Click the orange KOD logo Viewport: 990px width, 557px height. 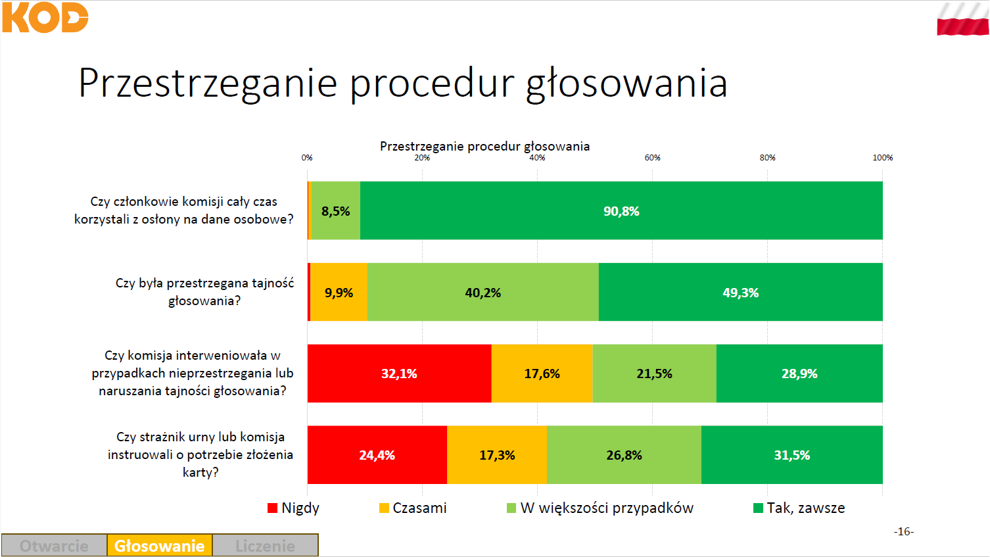coord(45,17)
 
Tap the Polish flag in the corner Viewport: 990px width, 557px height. coord(962,19)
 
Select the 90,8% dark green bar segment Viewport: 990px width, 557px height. coord(621,210)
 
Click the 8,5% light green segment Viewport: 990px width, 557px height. coord(336,210)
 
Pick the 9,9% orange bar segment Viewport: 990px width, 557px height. coord(339,292)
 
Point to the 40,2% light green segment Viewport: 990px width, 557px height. coord(483,292)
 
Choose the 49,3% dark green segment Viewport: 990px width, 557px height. coord(741,292)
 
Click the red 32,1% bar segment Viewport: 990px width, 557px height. coord(400,374)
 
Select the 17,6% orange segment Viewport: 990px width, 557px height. coord(542,374)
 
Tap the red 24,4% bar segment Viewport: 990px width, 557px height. coord(377,455)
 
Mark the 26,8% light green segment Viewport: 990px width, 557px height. coord(624,455)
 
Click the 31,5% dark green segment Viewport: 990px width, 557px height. coord(792,455)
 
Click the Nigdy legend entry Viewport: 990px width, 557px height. coord(293,508)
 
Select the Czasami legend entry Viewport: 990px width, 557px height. coord(413,508)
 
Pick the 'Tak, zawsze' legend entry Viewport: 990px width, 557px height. coord(799,508)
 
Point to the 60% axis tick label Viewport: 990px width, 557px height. coord(652,158)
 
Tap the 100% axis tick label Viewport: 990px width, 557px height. coord(883,158)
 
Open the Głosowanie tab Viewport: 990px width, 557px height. coord(160,546)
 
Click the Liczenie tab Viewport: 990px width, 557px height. coord(265,546)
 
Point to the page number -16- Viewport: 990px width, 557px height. coord(904,531)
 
